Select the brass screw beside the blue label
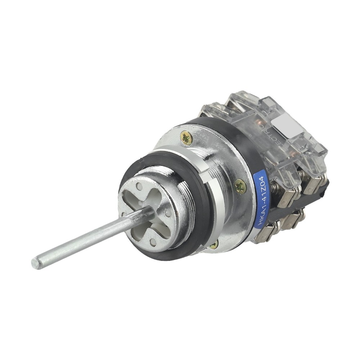(240, 186)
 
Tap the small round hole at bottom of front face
(153, 242)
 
